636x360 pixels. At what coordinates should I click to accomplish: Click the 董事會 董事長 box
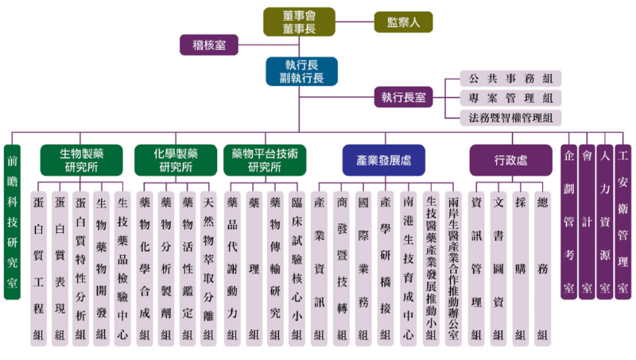(299, 22)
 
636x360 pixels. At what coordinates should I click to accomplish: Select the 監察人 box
(404, 22)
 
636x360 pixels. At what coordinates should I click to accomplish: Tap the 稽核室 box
(208, 45)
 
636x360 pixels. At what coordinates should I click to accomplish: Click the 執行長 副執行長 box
(301, 71)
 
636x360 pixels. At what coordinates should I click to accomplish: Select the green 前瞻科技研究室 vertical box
(12, 221)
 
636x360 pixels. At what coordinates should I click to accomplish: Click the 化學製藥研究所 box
(174, 159)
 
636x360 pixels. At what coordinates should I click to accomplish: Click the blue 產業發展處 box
(383, 159)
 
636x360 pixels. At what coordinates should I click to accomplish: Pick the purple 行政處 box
(510, 159)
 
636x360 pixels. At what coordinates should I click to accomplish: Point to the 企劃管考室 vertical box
(569, 221)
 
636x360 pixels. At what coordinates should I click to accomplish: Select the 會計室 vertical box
(588, 221)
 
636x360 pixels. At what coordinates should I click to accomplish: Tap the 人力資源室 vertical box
(605, 221)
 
